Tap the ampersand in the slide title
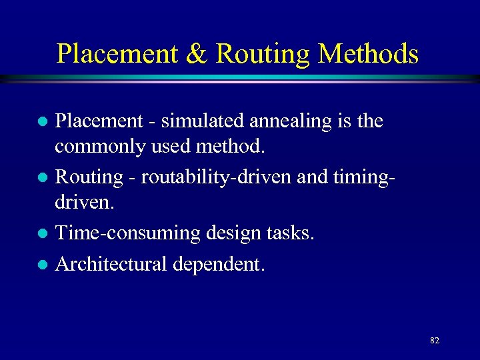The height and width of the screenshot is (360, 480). coord(197,53)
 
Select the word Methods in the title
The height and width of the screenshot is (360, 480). coord(369,53)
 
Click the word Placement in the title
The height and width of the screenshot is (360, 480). coord(117,53)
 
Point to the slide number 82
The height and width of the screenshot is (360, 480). coord(435,340)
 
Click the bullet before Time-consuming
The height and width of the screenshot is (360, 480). coord(41,234)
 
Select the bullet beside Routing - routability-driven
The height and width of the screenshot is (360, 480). coord(41,178)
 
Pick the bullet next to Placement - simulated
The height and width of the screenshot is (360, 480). coord(41,122)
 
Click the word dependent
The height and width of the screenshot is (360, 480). coord(219,265)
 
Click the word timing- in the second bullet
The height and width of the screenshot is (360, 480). coord(360,177)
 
